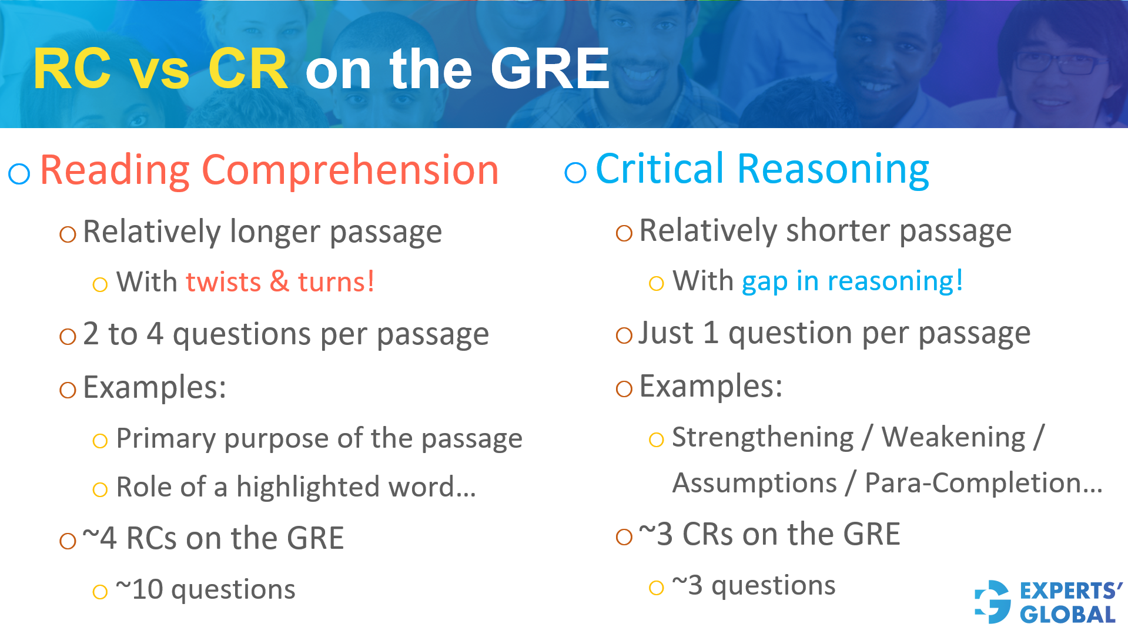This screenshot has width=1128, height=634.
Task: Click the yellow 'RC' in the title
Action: coord(72,69)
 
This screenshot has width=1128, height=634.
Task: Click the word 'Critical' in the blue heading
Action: coord(660,169)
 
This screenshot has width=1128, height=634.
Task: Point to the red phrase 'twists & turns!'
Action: coord(280,282)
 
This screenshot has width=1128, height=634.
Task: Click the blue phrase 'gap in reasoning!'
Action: coord(852,281)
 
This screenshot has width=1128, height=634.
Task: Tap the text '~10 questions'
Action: coord(206,589)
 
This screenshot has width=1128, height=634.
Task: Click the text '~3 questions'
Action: coord(754,586)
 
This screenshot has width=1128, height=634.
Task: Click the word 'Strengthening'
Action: coord(762,438)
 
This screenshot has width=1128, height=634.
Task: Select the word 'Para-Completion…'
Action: coord(983,484)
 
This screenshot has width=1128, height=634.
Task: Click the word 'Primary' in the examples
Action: coord(166,439)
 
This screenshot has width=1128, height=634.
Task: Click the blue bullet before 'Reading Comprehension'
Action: coord(19,173)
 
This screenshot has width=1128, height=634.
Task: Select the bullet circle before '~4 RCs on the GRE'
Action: coord(68,541)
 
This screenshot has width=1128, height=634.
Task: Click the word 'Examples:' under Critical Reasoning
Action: coord(711,387)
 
